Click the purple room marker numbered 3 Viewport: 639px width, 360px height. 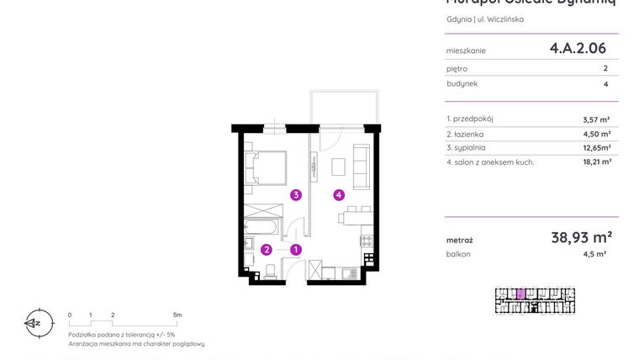tap(296, 195)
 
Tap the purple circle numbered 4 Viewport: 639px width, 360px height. tap(339, 195)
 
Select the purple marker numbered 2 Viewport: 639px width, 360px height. tap(267, 249)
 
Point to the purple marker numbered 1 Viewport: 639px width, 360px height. tap(296, 249)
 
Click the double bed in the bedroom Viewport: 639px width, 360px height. tap(266, 167)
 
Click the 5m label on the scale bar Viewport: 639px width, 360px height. tap(177, 315)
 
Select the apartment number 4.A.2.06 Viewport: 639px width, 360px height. tap(578, 49)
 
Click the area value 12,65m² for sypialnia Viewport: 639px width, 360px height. tap(595, 147)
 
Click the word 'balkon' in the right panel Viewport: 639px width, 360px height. tap(458, 254)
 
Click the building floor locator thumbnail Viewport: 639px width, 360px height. tap(535, 300)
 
